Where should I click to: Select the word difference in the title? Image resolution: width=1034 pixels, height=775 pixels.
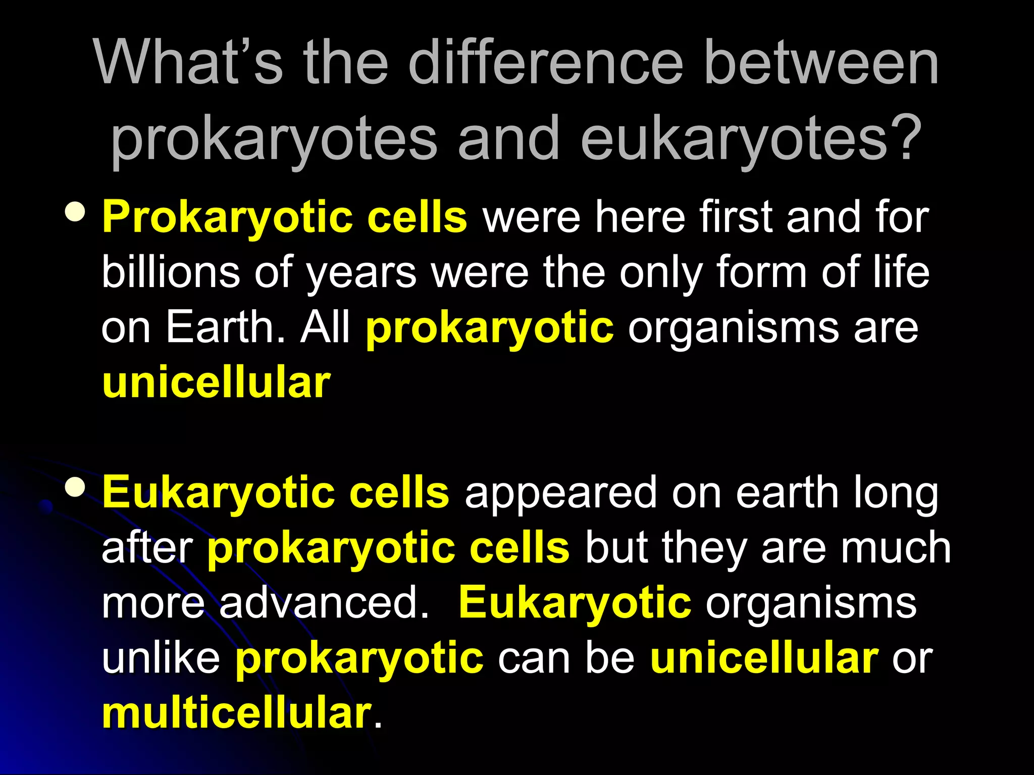click(545, 63)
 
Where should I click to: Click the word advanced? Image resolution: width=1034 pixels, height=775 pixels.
click(323, 603)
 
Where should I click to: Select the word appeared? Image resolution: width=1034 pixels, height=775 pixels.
click(561, 494)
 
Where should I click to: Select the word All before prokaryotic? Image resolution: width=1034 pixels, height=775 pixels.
click(325, 327)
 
